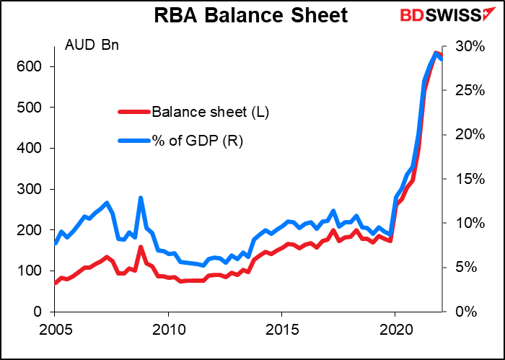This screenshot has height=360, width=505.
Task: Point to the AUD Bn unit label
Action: (x=93, y=46)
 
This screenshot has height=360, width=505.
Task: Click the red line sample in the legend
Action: (x=134, y=112)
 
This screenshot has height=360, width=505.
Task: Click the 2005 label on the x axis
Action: (x=54, y=329)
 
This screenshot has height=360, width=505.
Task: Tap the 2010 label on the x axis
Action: (x=167, y=329)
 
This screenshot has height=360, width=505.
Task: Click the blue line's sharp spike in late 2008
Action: (x=141, y=198)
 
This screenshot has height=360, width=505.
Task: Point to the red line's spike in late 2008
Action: (x=141, y=247)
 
